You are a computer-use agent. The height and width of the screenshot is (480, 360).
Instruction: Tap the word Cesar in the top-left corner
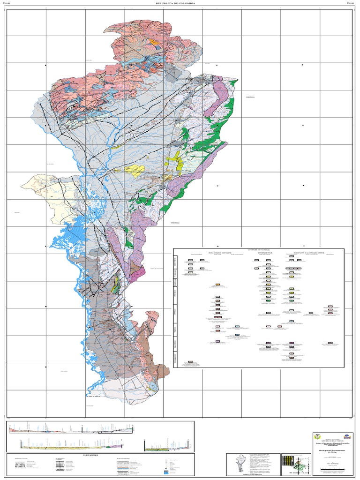coord(7,3)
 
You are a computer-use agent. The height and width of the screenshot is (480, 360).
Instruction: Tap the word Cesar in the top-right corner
coord(350,3)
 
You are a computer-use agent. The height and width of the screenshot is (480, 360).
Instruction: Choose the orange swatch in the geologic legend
coord(218,285)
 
